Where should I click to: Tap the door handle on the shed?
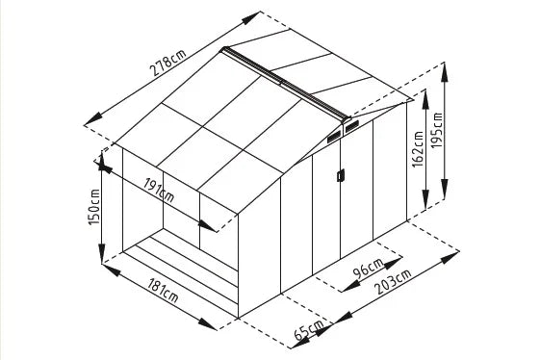338,174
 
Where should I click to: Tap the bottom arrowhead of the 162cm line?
424,210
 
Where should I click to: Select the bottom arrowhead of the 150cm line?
102,260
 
